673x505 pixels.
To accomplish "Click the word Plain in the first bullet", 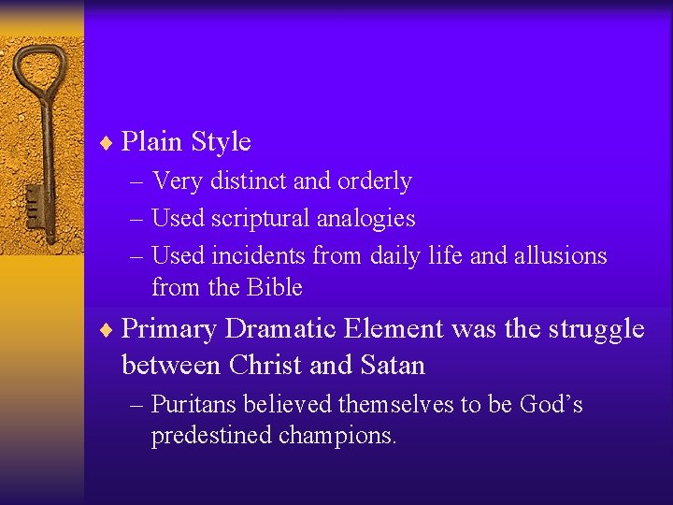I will pos(152,142).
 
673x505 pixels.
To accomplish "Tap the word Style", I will pos(221,142).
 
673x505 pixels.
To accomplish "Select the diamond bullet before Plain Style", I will pos(107,143).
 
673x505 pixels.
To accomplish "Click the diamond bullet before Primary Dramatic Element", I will pos(107,330).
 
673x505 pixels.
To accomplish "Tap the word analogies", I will pos(372,219).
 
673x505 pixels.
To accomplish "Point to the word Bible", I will pos(275,287).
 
